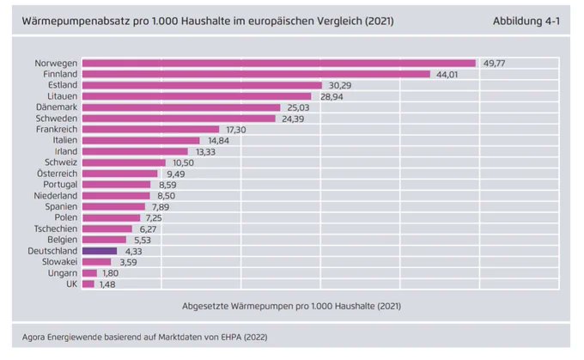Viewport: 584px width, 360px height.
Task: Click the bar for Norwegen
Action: tap(279, 64)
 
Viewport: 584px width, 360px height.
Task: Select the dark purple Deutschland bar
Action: tap(100, 251)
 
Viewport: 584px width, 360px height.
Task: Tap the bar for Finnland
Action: tap(256, 74)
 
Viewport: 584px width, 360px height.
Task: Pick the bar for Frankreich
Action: tap(151, 130)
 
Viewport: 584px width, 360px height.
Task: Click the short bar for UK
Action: tap(88, 284)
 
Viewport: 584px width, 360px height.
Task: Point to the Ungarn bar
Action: tap(89, 273)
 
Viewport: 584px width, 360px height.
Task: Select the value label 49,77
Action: tap(494, 64)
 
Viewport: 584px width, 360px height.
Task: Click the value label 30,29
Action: tap(340, 85)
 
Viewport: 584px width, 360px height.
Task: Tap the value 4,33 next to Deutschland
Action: tap(133, 251)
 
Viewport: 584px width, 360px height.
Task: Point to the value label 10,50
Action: tap(183, 163)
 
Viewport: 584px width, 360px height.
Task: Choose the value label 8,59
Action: tap(167, 185)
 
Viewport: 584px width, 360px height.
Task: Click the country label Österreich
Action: tap(57, 174)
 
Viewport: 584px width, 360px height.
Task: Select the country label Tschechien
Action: tap(56, 229)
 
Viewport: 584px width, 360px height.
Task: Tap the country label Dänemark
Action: tap(57, 107)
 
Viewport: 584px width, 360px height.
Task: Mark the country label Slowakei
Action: tap(59, 262)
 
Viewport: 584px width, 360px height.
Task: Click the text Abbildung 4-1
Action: tap(526, 21)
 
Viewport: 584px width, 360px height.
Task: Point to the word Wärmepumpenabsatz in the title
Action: tap(85, 21)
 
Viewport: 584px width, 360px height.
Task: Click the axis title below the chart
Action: tap(292, 307)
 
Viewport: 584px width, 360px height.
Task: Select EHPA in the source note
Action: tap(231, 338)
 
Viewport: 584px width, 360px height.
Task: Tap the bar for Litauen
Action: tap(197, 96)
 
